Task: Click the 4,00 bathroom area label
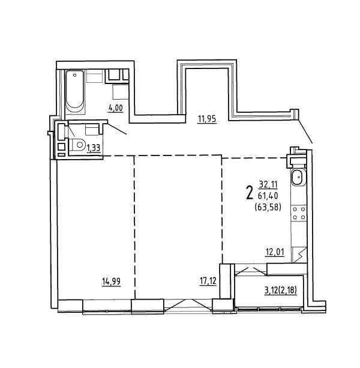coord(116,109)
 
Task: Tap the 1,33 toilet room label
coord(94,148)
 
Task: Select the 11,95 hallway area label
coord(207,119)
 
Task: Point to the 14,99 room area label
coord(111,282)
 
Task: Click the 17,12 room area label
coord(208,281)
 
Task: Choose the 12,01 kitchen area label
coord(275,252)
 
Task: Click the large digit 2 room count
coord(250,192)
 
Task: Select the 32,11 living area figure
coord(268,185)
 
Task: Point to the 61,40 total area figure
coord(268,195)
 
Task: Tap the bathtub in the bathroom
coord(74,92)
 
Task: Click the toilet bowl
coord(78,145)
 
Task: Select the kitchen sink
coord(298,177)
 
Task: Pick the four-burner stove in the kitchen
coord(299,213)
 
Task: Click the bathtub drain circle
coord(75,75)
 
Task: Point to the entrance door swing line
coord(305,131)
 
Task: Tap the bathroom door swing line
coord(117,128)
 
